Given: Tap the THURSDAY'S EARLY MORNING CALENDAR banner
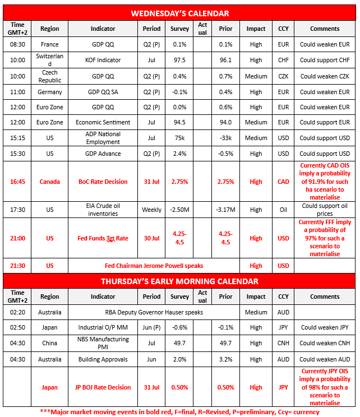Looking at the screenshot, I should coord(179,281).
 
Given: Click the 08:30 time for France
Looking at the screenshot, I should coord(17,44).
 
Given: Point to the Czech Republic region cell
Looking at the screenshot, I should coord(50,76).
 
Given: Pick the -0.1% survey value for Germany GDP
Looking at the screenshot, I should coord(180,92).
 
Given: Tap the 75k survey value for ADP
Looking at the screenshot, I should coord(180,138).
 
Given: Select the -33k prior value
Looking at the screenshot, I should coord(225,138).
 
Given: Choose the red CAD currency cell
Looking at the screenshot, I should coord(284,182).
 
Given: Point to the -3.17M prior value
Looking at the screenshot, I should coord(225,210).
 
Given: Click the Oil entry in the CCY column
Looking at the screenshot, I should coord(284,210).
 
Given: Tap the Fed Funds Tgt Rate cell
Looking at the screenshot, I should coord(103,238).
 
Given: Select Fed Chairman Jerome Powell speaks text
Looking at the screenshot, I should coord(154,266).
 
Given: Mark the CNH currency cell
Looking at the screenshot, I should coord(284,343).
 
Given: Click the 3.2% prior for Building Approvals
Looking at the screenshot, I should coord(225,359).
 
